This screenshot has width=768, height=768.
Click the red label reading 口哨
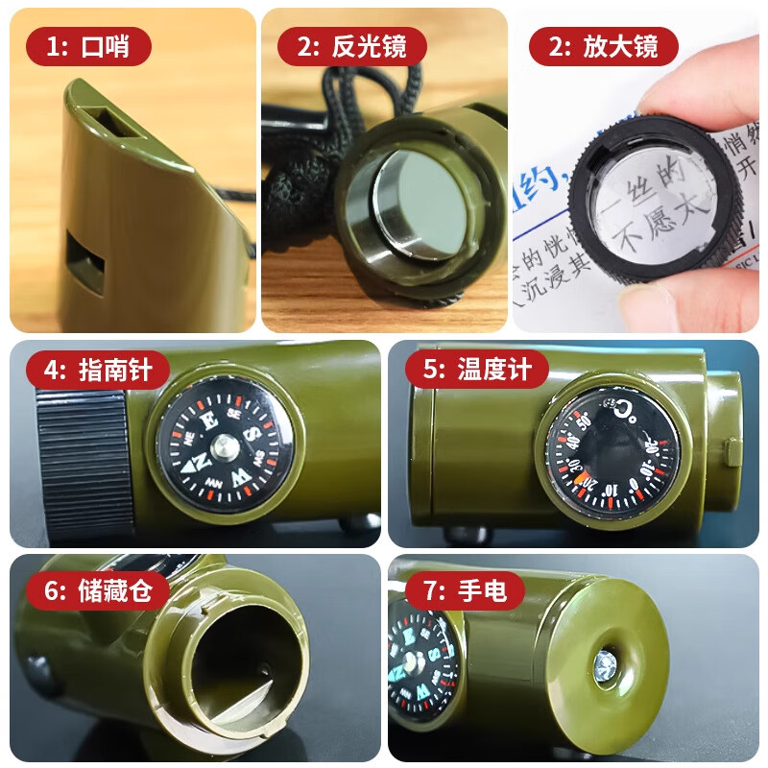point(87,45)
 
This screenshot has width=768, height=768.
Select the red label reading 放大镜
point(604,45)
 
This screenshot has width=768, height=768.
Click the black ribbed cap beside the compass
point(84,463)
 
